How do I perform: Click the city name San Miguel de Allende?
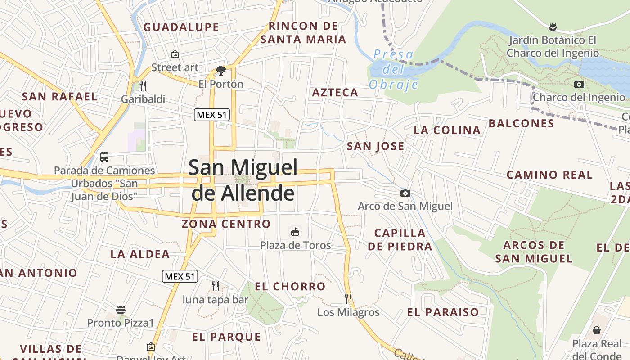243,180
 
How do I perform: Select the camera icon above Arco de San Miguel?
405,193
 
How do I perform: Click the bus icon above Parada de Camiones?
104,157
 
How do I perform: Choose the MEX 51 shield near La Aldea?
180,276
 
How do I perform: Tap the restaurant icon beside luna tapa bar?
216,286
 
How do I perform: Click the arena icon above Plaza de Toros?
296,232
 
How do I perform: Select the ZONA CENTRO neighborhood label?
226,224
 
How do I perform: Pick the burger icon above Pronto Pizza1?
120,310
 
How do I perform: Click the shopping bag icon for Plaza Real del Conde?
597,331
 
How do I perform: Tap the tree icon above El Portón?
220,70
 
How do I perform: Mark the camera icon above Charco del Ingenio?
579,84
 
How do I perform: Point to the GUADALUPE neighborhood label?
181,27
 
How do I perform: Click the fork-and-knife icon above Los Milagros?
348,298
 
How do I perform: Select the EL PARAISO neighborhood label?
443,312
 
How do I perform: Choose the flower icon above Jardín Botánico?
553,27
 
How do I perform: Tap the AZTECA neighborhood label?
335,93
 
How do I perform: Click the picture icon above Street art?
175,54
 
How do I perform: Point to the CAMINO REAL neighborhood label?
550,175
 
